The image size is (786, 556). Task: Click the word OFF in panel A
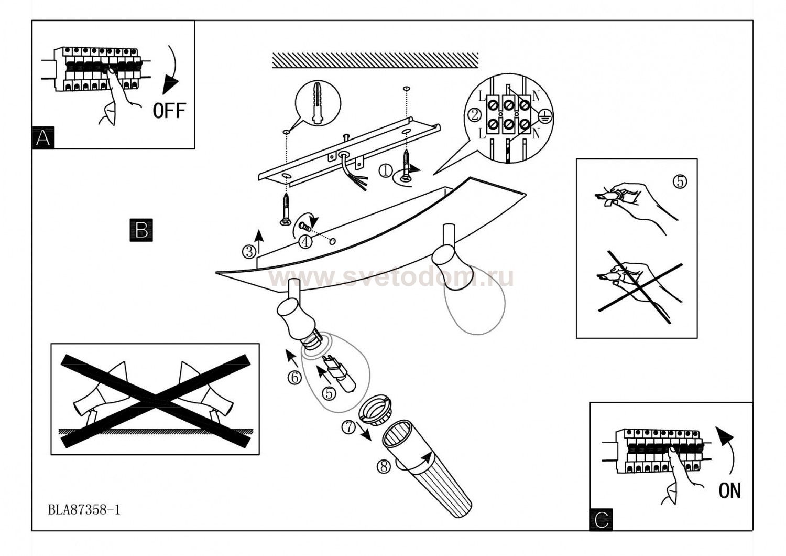coord(169,111)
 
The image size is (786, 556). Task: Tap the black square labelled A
coord(43,138)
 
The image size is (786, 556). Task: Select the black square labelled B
coord(141,230)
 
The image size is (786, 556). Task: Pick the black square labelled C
coord(602,519)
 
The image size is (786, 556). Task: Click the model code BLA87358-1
coord(84,509)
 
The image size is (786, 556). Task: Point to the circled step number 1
coord(385,170)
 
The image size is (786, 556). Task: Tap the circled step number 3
coord(249,252)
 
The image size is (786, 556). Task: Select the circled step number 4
coord(305,241)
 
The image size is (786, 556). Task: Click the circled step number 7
coord(348,427)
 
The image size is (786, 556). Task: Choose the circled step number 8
coord(384,466)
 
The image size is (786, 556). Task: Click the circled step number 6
coord(294,377)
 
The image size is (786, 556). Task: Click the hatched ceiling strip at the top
coord(375,60)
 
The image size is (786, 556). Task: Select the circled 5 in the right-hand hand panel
coord(680,181)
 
